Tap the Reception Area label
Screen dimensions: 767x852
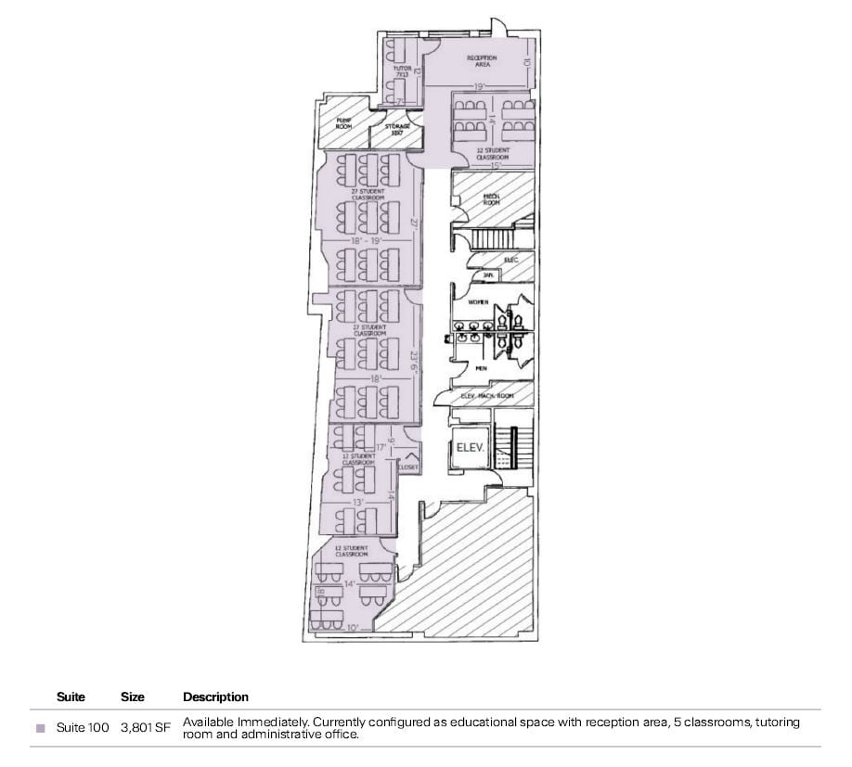click(481, 61)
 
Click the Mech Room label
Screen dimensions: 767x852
click(491, 199)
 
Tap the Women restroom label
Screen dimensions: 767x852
click(479, 302)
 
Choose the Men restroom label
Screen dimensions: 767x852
click(482, 368)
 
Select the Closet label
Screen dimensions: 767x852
click(408, 467)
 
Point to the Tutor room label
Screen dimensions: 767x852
click(401, 71)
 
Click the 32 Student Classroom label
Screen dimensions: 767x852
click(492, 153)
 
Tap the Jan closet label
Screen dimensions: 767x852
click(486, 275)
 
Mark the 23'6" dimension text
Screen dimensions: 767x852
click(416, 359)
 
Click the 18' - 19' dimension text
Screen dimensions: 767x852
click(367, 240)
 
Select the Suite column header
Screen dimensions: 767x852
click(71, 697)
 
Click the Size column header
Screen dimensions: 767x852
click(132, 697)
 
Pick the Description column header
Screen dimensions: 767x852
click(215, 697)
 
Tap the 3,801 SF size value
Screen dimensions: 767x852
click(146, 728)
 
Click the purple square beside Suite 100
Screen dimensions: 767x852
click(40, 728)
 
